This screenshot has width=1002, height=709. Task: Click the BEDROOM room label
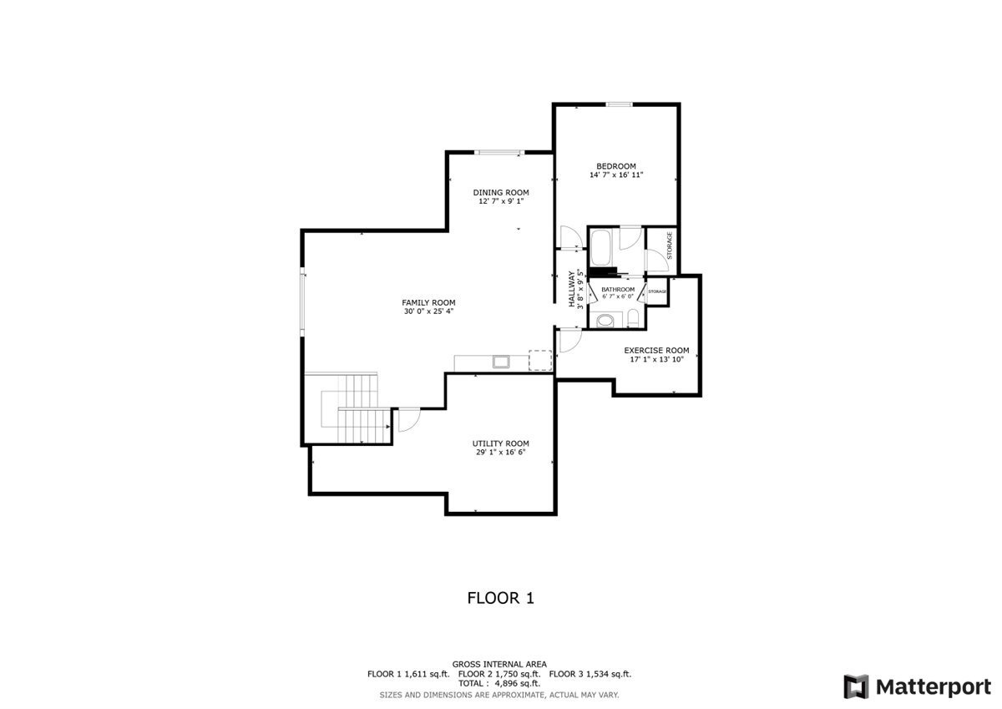tap(616, 166)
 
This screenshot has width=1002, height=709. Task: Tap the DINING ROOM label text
tap(501, 192)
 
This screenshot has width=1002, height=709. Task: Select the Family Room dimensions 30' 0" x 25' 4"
tap(428, 311)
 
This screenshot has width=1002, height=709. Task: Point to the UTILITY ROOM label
tap(500, 443)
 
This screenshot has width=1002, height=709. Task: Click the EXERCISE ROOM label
tap(656, 350)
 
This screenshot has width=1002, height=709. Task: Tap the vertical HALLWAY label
tap(572, 289)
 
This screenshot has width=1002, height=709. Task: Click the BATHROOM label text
tap(618, 290)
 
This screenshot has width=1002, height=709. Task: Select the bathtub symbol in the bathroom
tap(600, 249)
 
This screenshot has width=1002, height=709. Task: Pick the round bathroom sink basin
tap(605, 321)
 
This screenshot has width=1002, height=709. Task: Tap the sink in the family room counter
tap(501, 362)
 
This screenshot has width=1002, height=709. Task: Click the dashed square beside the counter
tap(540, 360)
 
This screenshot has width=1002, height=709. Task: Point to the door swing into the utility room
tap(409, 420)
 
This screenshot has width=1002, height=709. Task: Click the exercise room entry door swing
tap(570, 340)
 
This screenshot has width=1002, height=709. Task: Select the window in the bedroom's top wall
tap(620, 104)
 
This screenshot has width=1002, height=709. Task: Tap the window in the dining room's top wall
tap(499, 153)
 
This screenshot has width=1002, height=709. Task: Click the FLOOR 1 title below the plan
tap(500, 598)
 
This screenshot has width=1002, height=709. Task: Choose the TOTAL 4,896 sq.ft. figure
tap(499, 683)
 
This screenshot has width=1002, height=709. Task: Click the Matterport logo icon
tap(856, 686)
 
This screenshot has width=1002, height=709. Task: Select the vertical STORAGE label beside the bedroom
tap(670, 246)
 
